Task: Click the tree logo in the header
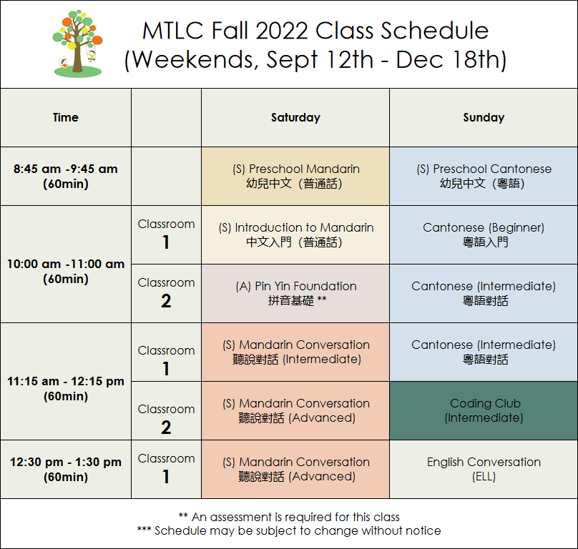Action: pyautogui.click(x=78, y=44)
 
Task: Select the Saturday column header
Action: pyautogui.click(x=295, y=117)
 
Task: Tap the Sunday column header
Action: pyautogui.click(x=484, y=117)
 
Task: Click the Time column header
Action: pyautogui.click(x=66, y=117)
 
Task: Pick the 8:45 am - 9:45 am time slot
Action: pyautogui.click(x=66, y=176)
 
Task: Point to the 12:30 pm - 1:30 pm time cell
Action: pyautogui.click(x=66, y=470)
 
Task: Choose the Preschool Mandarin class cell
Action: pyautogui.click(x=295, y=176)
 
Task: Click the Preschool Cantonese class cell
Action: pyautogui.click(x=484, y=176)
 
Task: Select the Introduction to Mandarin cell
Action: pyautogui.click(x=295, y=234)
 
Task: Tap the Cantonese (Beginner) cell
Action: pyautogui.click(x=484, y=234)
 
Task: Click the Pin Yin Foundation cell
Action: pyautogui.click(x=295, y=293)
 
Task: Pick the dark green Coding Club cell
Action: pyautogui.click(x=484, y=410)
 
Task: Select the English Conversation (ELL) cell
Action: pyautogui.click(x=484, y=470)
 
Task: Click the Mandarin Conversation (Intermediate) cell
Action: pyautogui.click(x=295, y=352)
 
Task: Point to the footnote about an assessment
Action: pyautogui.click(x=289, y=517)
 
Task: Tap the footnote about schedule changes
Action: pyautogui.click(x=289, y=530)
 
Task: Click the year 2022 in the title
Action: pyautogui.click(x=282, y=30)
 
